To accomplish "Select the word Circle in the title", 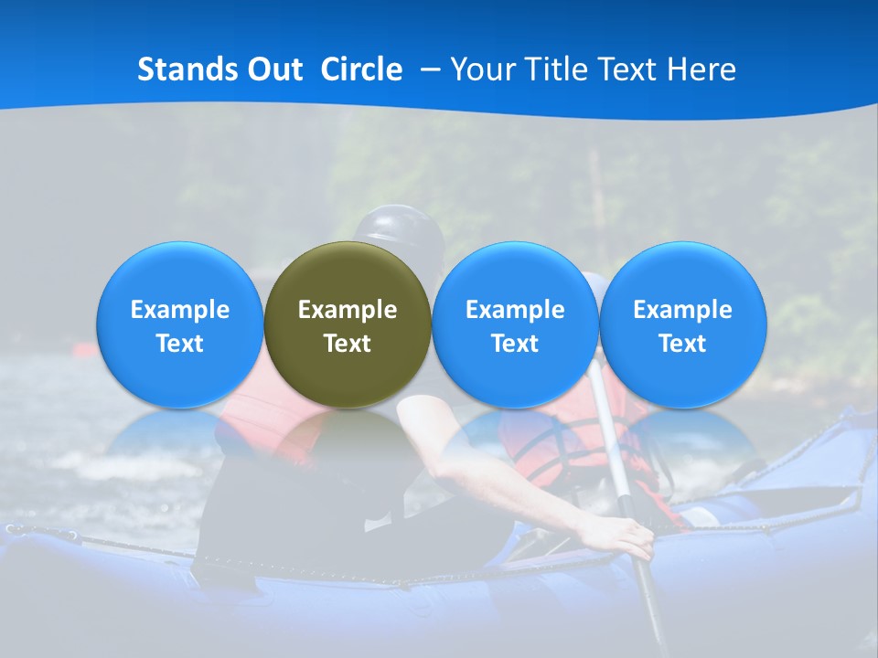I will (361, 69).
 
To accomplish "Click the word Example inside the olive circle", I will (348, 310).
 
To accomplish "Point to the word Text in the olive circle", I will (348, 344).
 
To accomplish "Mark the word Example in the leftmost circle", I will (179, 310).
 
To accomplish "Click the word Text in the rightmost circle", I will (682, 344).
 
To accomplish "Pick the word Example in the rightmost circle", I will (682, 310).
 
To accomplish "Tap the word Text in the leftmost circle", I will (179, 344).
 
